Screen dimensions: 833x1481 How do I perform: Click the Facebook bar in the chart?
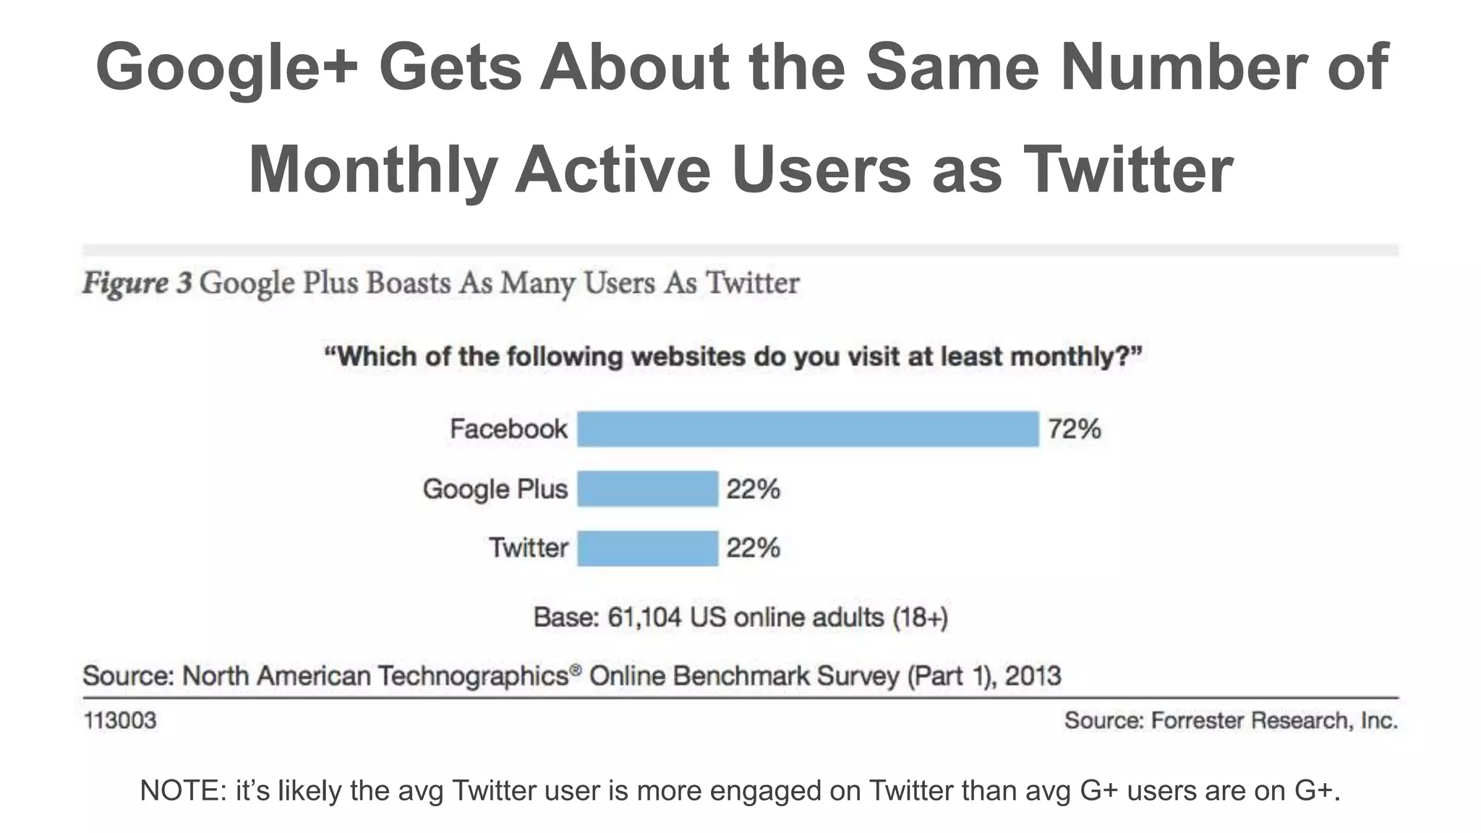808,429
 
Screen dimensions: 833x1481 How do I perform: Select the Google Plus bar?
647,489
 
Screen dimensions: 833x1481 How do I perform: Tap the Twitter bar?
647,548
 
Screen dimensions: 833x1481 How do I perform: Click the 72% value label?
1075,429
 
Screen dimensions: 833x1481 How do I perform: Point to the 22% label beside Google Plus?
753,490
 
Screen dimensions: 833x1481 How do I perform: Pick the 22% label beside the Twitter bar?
753,548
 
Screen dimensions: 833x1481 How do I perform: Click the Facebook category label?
508,429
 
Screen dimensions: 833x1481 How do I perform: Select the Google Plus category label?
495,489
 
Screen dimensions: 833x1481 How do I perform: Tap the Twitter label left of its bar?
529,547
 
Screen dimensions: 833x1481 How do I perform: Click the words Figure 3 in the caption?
137,283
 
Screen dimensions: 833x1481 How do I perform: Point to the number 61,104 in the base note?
644,618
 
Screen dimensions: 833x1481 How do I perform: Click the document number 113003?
120,720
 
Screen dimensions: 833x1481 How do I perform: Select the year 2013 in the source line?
1033,675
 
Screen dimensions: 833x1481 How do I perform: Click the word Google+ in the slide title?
227,67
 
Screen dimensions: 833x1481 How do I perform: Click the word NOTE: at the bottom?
183,790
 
